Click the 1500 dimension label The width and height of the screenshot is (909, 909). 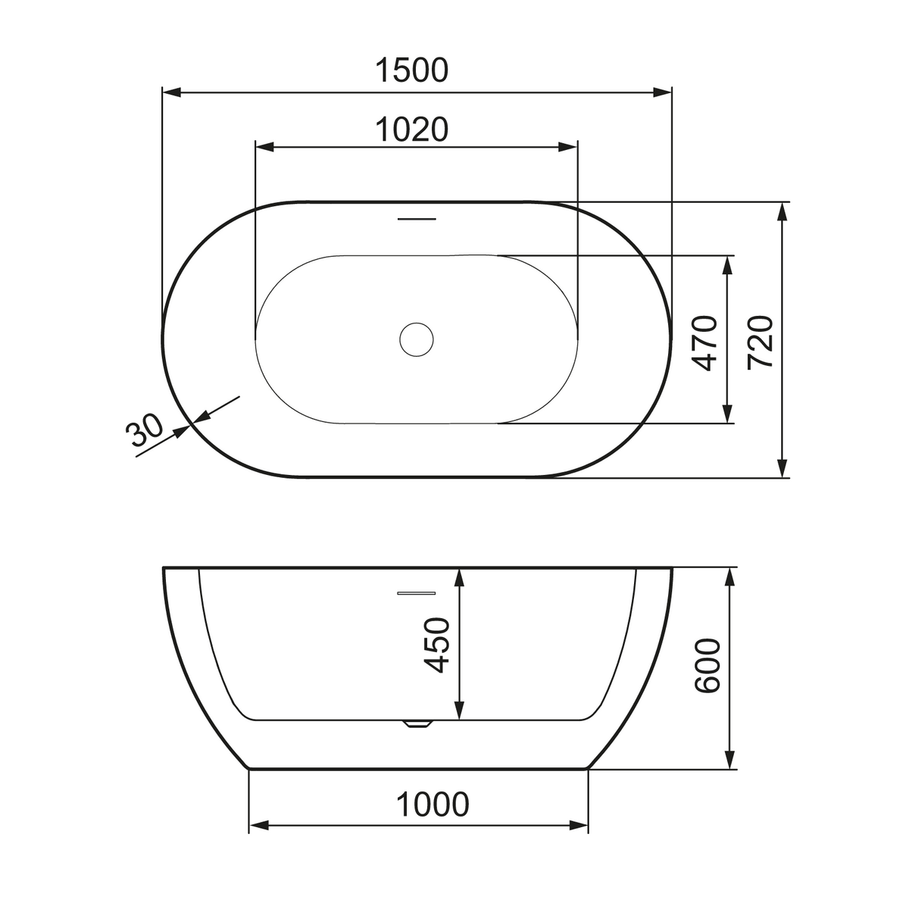[x=411, y=70]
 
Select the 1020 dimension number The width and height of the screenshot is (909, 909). [x=411, y=130]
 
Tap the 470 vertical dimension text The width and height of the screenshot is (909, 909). [x=704, y=343]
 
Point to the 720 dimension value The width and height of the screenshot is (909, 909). [x=761, y=343]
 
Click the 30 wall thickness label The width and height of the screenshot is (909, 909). [x=144, y=430]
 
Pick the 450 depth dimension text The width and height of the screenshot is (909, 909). [x=436, y=645]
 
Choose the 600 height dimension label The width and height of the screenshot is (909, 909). [x=708, y=666]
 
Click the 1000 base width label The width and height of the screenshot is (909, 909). [x=433, y=804]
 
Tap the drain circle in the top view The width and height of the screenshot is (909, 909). [x=416, y=339]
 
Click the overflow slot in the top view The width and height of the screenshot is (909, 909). [x=417, y=219]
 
